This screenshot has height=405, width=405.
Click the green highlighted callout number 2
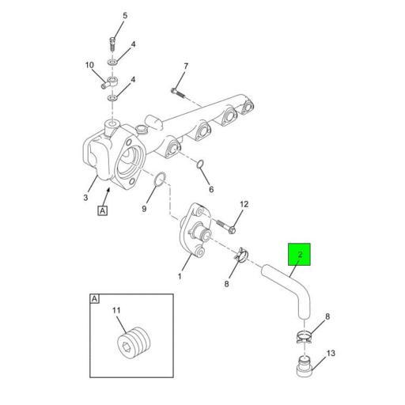300,255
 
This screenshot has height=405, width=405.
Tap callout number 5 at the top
125,16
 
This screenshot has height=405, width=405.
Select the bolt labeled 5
112,44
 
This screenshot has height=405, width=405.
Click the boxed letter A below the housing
103,210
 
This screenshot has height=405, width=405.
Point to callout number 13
331,353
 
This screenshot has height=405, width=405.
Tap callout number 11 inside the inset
116,311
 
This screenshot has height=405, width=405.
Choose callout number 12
244,204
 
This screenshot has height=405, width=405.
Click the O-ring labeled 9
160,179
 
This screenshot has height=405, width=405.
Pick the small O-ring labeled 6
200,165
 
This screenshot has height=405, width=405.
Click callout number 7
186,66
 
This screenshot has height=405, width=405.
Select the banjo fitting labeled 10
109,82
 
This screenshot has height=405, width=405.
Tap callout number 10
89,65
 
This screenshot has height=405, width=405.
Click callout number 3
85,198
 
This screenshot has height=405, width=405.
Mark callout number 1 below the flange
180,277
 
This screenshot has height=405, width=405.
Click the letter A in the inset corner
94,299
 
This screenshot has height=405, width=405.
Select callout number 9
144,209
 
